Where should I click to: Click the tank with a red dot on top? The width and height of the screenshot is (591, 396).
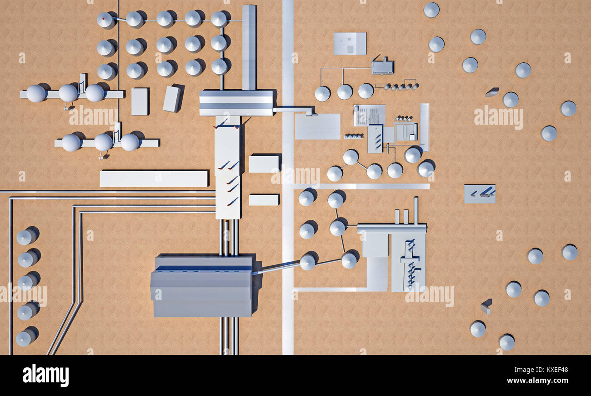pos(105,20)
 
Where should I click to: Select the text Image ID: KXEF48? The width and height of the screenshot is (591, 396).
pos(541,370)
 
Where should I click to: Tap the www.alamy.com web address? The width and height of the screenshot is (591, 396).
pos(537,381)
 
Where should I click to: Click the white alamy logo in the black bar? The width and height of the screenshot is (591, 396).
pos(45,375)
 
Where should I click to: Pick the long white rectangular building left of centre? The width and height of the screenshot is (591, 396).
pos(154,179)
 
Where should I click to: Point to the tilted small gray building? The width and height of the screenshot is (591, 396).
pos(173,98)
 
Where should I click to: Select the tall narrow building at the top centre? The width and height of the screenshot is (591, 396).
pos(249,47)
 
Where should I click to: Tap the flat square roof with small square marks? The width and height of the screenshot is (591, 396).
pos(350,44)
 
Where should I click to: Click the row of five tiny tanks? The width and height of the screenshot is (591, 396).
pos(401,86)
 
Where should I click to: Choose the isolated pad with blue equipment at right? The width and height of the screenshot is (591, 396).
pos(480,194)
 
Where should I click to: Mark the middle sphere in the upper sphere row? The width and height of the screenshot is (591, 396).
pos(68,93)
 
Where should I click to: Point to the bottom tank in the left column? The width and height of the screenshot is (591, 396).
pos(25,338)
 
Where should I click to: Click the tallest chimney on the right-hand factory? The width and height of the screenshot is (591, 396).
pos(416,211)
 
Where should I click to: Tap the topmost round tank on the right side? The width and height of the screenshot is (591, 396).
pos(431,10)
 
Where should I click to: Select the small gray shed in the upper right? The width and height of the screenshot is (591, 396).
pos(492,92)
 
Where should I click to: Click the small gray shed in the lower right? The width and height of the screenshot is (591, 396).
pos(486,306)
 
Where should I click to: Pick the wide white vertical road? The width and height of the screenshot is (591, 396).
pos(288,177)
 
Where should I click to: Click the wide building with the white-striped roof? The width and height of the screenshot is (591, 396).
pos(236,103)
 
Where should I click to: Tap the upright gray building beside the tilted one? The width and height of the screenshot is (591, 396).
pos(140,102)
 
